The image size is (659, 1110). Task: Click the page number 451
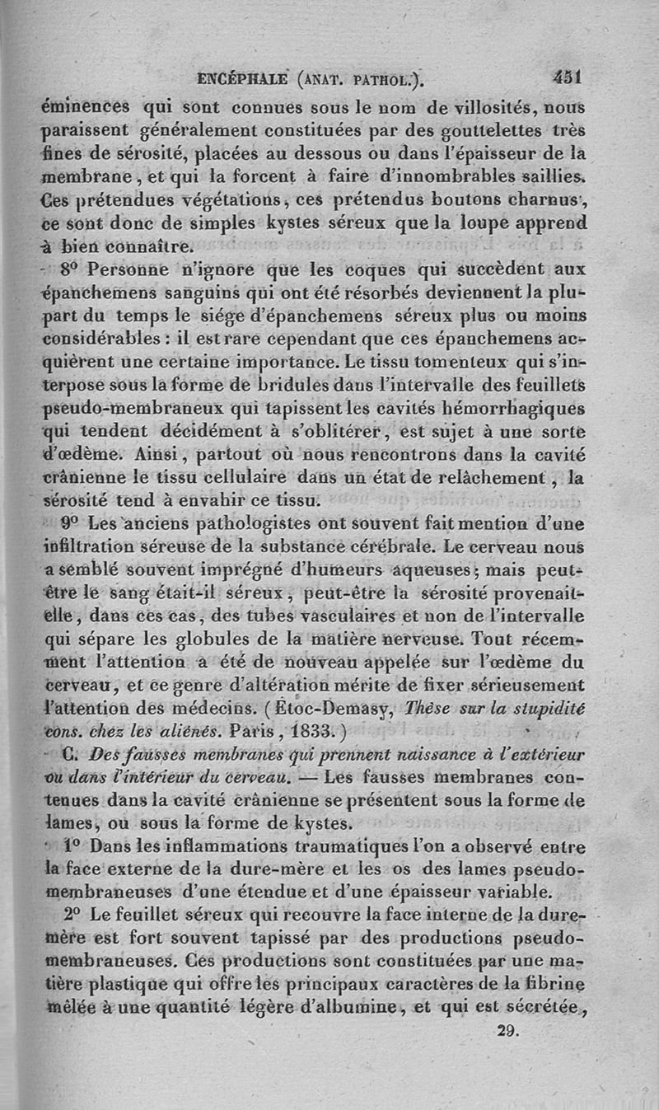click(567, 79)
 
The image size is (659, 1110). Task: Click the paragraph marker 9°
click(72, 522)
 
